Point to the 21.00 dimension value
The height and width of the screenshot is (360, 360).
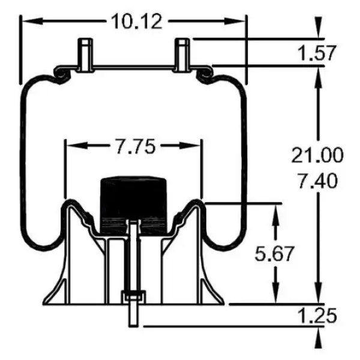[317, 155]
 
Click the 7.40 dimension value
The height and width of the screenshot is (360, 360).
[317, 179]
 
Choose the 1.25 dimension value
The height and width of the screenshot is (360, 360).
[316, 316]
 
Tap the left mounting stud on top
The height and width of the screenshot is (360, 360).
[85, 55]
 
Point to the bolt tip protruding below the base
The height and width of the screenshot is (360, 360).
[133, 318]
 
